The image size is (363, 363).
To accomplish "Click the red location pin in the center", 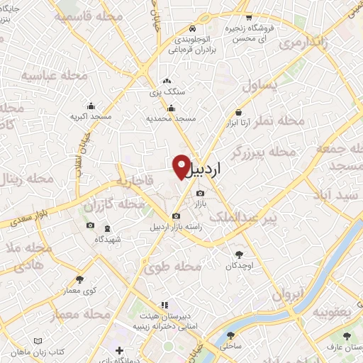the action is pyautogui.click(x=181, y=166).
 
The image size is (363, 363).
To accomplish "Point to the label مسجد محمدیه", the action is pyautogui.click(x=171, y=118).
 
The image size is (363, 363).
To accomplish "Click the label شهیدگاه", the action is pyautogui.click(x=108, y=239).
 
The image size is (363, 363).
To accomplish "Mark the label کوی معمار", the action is pyautogui.click(x=79, y=291).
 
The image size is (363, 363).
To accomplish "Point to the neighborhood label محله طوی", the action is pyautogui.click(x=174, y=268).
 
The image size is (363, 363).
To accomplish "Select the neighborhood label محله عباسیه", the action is pyautogui.click(x=54, y=76).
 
